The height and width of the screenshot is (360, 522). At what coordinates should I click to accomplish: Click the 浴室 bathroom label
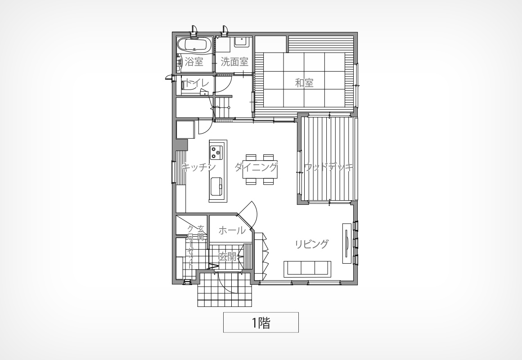coord(194,62)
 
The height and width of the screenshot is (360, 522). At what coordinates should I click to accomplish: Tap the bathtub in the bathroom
coord(194,45)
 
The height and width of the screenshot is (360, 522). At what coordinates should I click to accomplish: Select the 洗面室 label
coord(234,62)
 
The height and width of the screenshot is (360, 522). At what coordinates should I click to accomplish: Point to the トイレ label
coord(197,83)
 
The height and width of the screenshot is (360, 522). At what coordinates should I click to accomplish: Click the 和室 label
coord(304,83)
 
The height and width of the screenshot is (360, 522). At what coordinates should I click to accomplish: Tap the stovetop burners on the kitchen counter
coord(216,153)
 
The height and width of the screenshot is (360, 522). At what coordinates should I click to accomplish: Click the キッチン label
coord(199,167)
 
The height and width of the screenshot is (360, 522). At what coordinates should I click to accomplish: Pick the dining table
coord(260,169)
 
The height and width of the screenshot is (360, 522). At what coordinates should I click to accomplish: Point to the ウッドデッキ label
coord(328,167)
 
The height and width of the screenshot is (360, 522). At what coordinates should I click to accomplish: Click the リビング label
coord(311,244)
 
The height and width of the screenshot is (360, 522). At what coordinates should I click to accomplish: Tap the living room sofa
coord(307,269)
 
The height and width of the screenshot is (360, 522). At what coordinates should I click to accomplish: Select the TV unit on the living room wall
coord(347,243)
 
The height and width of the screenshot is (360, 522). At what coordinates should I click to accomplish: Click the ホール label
coord(232,230)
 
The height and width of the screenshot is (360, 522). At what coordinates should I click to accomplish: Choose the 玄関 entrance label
coord(227,256)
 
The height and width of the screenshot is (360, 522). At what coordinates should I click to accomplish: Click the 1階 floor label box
coord(261,322)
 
